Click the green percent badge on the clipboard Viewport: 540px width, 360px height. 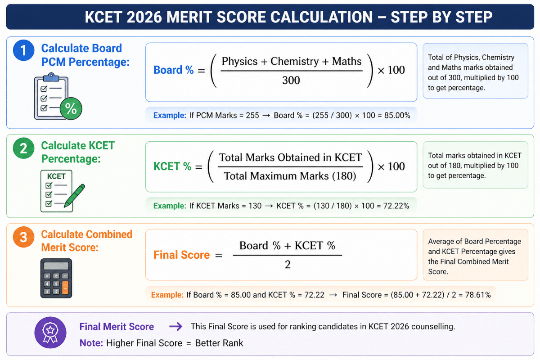tap(71, 108)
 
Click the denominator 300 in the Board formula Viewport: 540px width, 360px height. tap(292, 81)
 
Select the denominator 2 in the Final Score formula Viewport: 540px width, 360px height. tap(288, 265)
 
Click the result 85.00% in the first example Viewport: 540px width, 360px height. tap(397, 115)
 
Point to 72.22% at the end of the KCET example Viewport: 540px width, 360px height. tap(395, 206)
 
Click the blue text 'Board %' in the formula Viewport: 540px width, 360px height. tap(174, 70)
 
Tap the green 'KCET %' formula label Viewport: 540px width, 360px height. tap(173, 166)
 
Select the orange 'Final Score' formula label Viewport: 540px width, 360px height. tap(182, 255)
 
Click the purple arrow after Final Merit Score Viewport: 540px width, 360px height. tap(175, 327)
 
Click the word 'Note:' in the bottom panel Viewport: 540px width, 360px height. tap(91, 343)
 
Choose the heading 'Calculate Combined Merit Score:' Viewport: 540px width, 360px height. tap(86, 241)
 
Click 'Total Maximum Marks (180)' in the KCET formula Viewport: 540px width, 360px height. tap(290, 175)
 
